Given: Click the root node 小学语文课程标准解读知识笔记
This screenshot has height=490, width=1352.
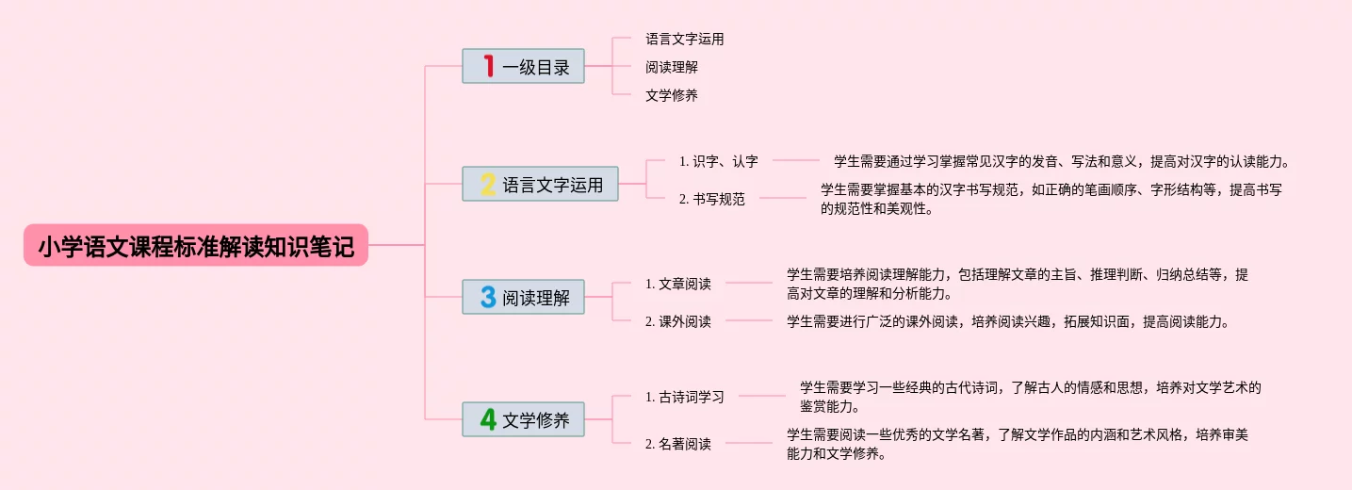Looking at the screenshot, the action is [196, 246].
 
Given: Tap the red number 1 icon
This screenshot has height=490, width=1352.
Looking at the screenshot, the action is [488, 66].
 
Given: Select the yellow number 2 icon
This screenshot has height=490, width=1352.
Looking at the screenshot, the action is [488, 184].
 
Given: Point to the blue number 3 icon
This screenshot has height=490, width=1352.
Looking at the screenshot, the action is [488, 297].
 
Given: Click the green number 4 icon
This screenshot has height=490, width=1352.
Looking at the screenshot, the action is [488, 419].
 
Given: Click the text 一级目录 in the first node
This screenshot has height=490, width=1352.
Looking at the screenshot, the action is [536, 67].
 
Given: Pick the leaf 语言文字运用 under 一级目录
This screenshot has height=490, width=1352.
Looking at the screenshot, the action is [684, 40].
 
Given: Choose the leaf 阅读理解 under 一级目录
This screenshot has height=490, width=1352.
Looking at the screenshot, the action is [671, 67].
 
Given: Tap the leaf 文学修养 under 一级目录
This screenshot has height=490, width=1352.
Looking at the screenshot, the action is [671, 95].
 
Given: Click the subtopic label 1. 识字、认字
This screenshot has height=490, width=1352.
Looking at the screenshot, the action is [718, 161].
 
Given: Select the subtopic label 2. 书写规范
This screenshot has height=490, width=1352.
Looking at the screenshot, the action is [711, 199].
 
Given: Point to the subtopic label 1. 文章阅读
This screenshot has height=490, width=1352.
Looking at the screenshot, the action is [677, 284].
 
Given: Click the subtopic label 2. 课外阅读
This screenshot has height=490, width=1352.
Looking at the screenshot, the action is [677, 321].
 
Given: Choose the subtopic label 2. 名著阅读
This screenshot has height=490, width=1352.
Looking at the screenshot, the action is [677, 444].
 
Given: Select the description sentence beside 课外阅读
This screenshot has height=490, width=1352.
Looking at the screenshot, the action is [1009, 321].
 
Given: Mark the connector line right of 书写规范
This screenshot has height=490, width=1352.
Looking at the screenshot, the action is [783, 199].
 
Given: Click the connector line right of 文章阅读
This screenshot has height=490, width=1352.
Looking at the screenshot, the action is [749, 283].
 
